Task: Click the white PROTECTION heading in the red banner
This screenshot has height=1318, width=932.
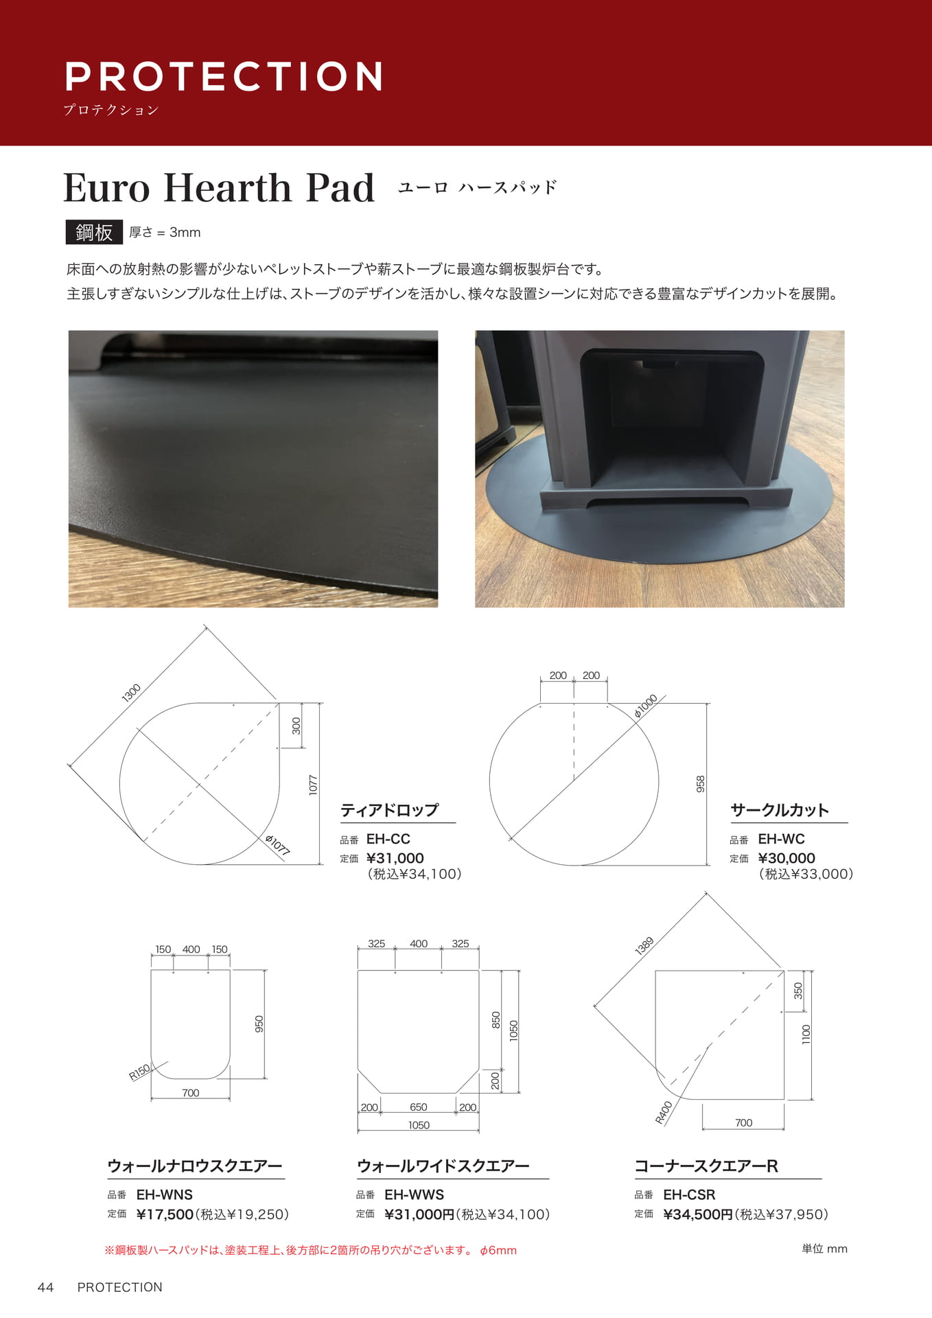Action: (x=223, y=76)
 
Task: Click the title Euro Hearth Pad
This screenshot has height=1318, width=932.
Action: (x=219, y=187)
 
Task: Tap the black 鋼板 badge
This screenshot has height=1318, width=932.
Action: (x=94, y=232)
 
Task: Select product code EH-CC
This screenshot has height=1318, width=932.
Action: (x=388, y=839)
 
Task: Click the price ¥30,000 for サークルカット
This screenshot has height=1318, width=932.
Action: (x=787, y=858)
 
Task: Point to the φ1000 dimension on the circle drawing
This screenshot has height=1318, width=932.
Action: (x=646, y=706)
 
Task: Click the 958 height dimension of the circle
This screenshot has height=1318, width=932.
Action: (x=701, y=784)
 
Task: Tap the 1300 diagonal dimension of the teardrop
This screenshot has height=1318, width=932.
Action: (x=131, y=693)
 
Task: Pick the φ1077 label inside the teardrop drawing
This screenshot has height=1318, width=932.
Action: (x=278, y=845)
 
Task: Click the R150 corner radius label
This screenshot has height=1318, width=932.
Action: (x=139, y=1072)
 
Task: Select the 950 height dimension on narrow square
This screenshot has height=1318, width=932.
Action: (x=259, y=1024)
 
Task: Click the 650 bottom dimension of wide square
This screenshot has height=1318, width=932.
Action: (x=419, y=1107)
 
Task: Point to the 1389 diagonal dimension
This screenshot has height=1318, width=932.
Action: (x=644, y=946)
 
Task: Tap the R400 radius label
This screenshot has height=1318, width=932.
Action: (x=664, y=1113)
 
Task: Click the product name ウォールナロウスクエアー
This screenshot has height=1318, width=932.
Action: (x=195, y=1166)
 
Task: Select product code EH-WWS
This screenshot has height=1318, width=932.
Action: (x=414, y=1194)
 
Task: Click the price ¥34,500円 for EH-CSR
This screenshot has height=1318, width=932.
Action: (x=698, y=1214)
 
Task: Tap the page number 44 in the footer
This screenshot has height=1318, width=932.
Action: (x=45, y=1287)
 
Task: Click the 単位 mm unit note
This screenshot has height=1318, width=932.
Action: (x=824, y=1249)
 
